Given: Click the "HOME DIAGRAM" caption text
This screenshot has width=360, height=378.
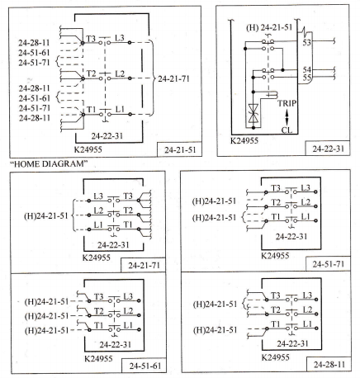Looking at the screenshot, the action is tap(49, 164).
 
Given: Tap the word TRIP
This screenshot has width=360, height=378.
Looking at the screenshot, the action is tap(287, 103).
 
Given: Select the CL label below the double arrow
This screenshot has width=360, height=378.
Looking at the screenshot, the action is tap(287, 130).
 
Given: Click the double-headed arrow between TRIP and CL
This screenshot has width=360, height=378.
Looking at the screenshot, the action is tap(287, 117).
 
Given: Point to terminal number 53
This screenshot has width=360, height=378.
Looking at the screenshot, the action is tap(307, 43).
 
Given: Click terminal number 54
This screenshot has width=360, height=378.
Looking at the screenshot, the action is tap(307, 69).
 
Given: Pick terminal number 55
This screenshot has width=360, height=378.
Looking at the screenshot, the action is tap(307, 78).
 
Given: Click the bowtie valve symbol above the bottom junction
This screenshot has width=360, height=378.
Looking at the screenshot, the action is tap(253, 113).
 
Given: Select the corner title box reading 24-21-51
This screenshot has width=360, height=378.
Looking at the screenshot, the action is tap(179, 149).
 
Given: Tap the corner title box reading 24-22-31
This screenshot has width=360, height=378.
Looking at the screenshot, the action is tap(328, 149).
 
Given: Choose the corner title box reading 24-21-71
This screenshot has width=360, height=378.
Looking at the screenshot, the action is tap(144, 265).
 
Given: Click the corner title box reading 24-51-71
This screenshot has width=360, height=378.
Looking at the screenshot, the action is tap(328, 264).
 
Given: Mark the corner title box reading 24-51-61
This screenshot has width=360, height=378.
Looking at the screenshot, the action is tap(144, 366).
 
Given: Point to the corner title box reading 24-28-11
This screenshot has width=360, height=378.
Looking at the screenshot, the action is tap(329, 365).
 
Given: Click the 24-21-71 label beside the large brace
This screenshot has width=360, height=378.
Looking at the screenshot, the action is tap(173, 79).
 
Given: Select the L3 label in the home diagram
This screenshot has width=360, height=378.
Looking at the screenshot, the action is tap(120, 38).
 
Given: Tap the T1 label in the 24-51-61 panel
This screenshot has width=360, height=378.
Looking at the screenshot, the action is tap(99, 325).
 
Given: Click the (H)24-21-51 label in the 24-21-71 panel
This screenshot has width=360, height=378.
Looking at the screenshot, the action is tap(46, 215).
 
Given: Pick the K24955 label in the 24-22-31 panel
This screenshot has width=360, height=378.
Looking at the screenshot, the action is tap(244, 141).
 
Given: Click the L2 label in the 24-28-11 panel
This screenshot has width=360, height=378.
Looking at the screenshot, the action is tap(308, 309).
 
